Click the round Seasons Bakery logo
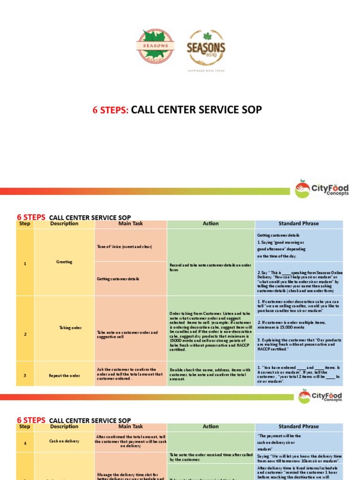click(x=155, y=46)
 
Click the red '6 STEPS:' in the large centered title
click(x=111, y=110)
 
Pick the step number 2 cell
click(x=25, y=334)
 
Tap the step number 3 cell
click(x=25, y=375)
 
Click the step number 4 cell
click(x=25, y=441)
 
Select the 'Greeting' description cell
click(x=64, y=262)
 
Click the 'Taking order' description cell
click(x=64, y=328)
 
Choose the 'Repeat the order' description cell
click(x=64, y=375)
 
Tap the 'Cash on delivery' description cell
click(x=64, y=441)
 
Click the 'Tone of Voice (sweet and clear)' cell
click(x=130, y=247)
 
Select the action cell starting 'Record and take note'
click(x=210, y=268)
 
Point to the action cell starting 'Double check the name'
click(x=210, y=374)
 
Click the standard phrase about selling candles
click(x=299, y=306)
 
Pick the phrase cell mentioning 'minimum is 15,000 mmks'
click(x=299, y=324)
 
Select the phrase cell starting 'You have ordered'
click(x=299, y=374)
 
